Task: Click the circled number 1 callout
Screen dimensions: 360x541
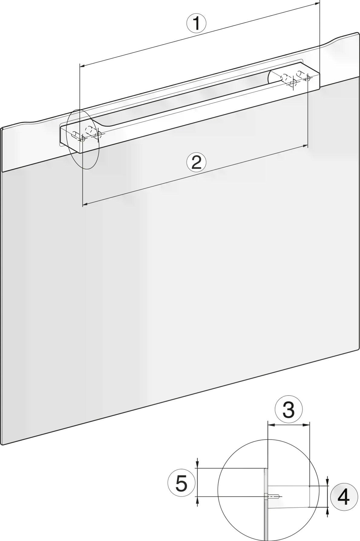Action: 196,23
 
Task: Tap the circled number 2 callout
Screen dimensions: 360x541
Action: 196,162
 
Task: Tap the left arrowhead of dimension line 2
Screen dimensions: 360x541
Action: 85,205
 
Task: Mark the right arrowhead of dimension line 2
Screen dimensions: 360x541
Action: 305,146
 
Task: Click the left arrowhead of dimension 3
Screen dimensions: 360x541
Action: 271,425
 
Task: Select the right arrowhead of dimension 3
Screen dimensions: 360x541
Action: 307,425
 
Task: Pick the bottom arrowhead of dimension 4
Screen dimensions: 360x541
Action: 327,510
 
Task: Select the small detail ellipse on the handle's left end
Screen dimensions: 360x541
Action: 83,139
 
